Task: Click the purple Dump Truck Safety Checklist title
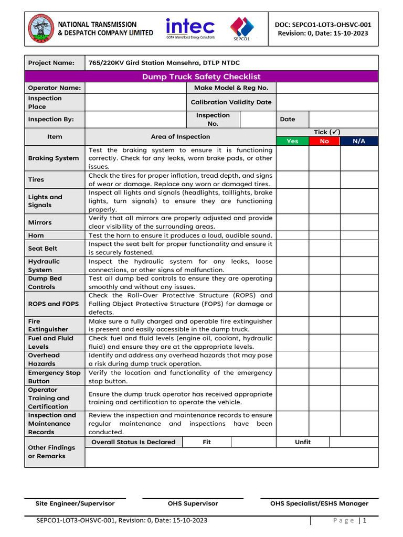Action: coord(201,77)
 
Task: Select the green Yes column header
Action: coord(292,141)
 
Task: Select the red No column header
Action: coord(324,141)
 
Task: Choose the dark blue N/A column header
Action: coord(359,141)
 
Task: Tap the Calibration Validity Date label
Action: coord(231,102)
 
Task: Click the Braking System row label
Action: coord(54,158)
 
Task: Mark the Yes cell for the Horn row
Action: coord(292,235)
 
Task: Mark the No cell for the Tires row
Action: coord(324,179)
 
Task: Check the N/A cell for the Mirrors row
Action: coord(359,222)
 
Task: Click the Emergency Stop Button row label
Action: coord(54,377)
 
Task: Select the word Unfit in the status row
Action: coord(303,442)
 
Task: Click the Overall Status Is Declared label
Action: coord(133,442)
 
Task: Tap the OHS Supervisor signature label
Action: coord(193,503)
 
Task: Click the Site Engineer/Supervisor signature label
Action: coord(75,503)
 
